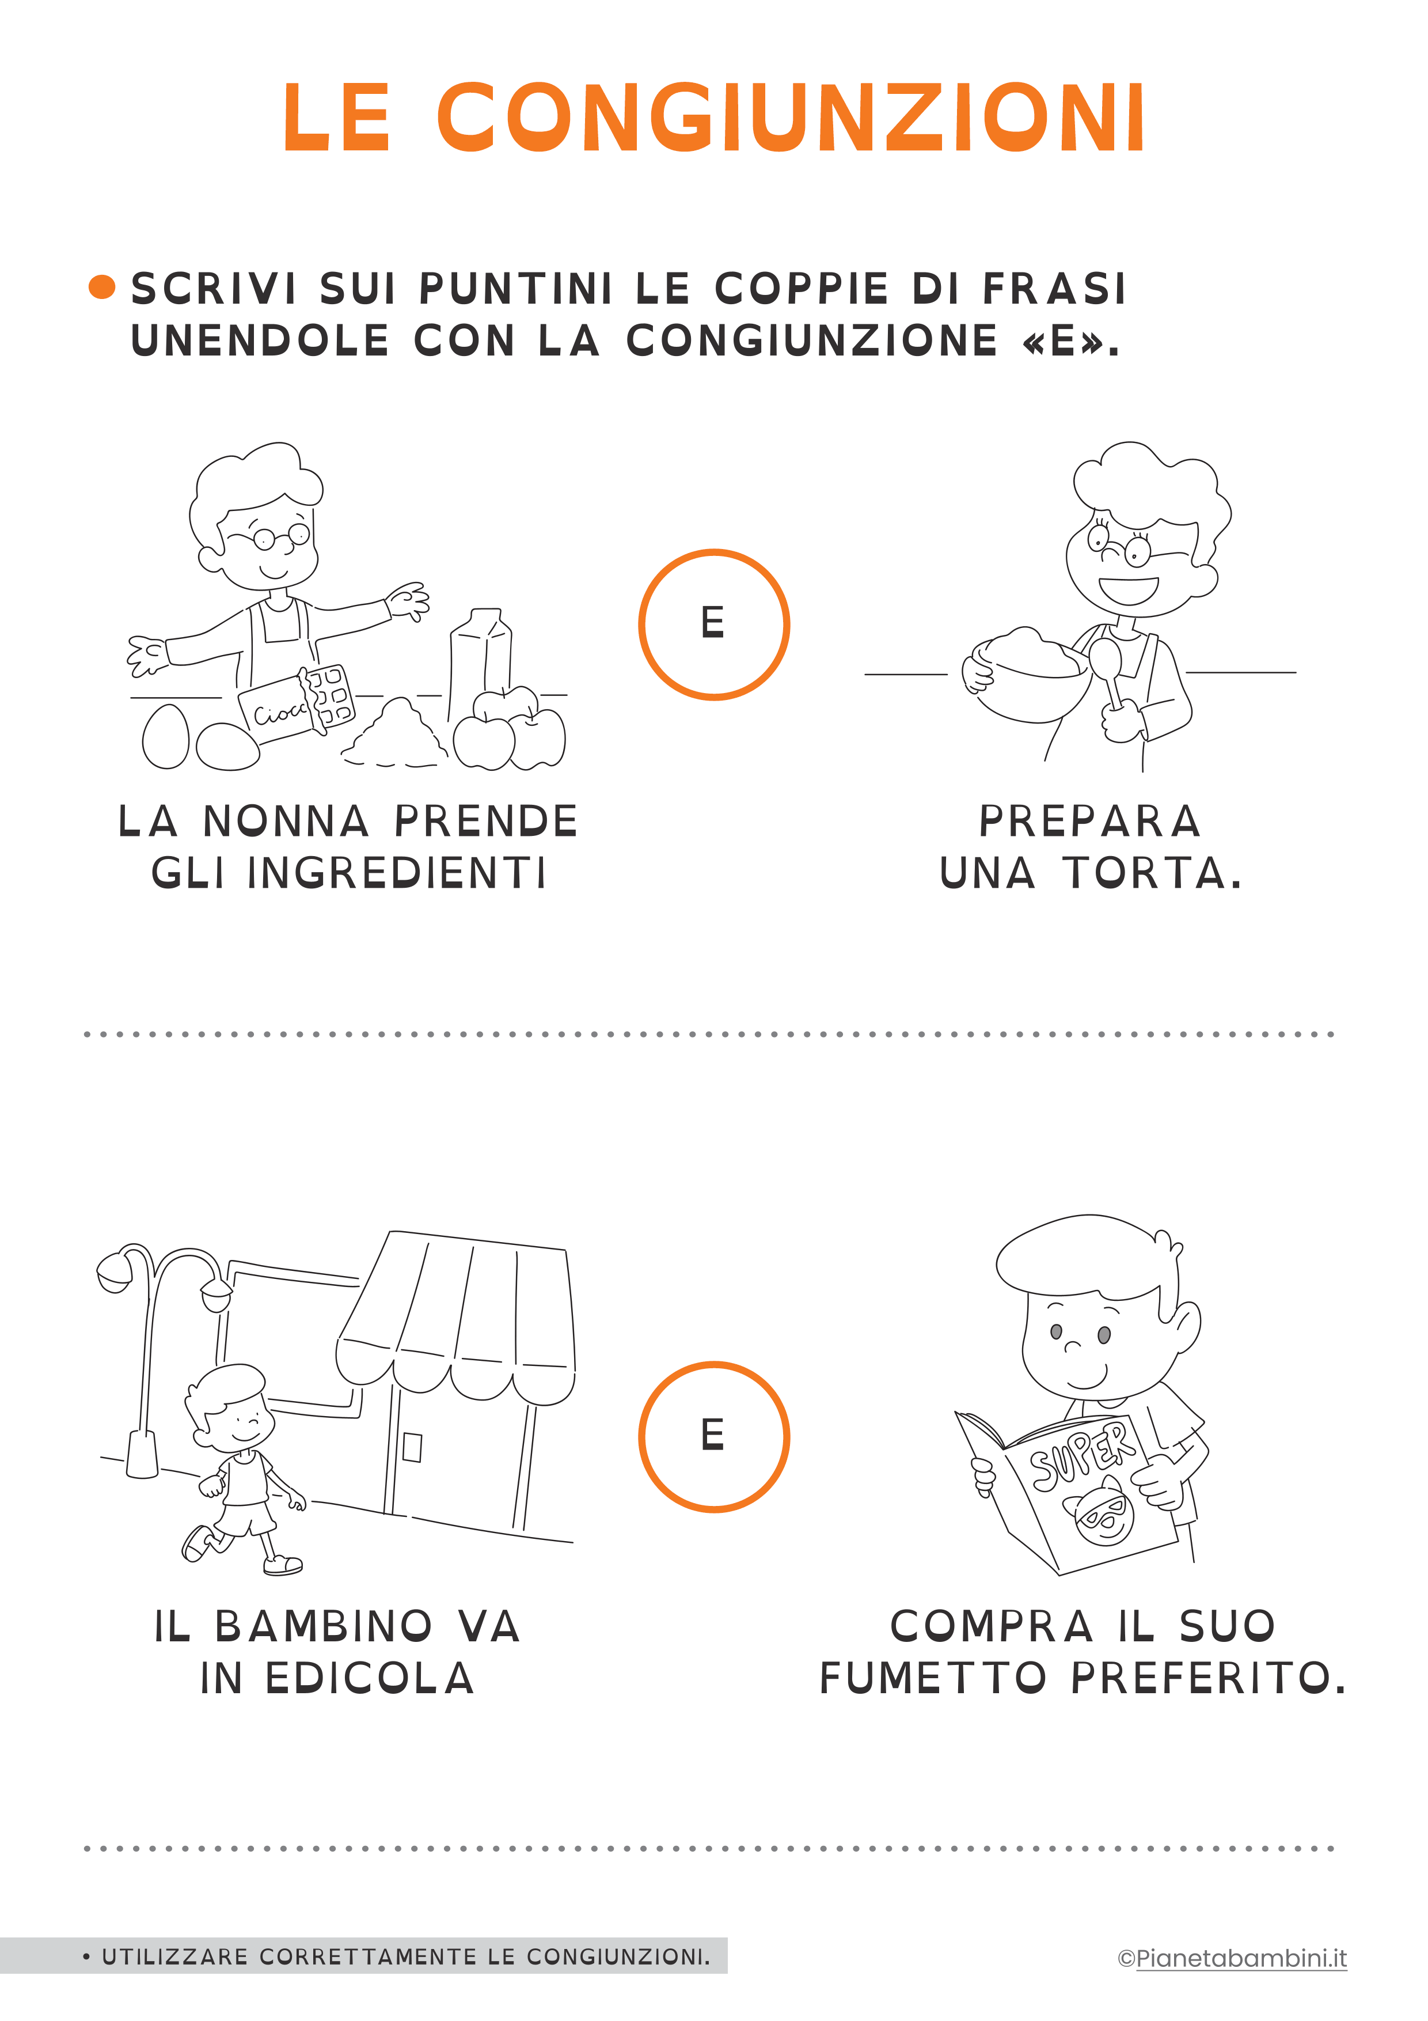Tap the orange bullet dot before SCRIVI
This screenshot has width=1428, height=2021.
(102, 287)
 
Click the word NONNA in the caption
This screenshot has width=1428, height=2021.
(286, 822)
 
